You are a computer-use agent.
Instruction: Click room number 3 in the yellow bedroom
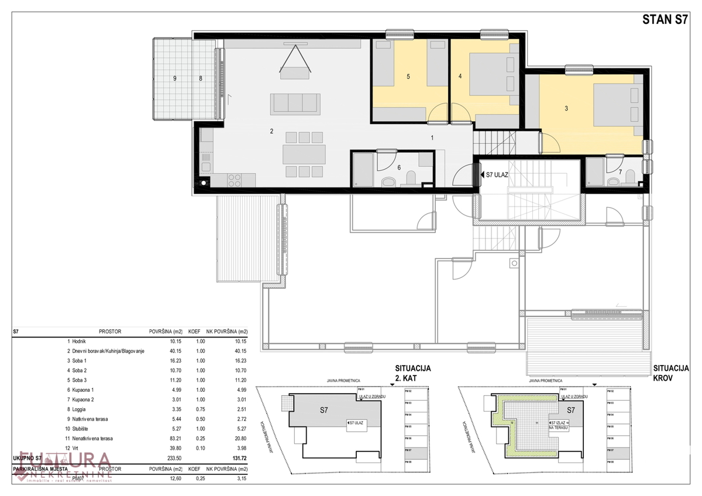click(x=566, y=108)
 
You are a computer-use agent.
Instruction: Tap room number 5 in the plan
click(x=408, y=76)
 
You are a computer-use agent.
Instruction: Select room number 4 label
click(x=460, y=76)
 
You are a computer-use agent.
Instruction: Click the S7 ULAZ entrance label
click(x=496, y=174)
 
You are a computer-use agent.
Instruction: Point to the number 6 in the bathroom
click(x=399, y=167)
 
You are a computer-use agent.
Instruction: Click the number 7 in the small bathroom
click(x=621, y=172)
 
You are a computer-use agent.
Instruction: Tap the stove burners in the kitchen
click(x=235, y=178)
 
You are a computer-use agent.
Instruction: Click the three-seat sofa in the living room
click(x=295, y=104)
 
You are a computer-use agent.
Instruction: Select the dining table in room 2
click(x=304, y=154)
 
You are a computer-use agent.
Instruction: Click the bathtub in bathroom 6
click(x=363, y=170)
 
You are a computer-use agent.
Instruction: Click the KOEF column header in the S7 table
click(x=195, y=331)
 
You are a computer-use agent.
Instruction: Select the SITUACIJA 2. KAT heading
click(x=412, y=373)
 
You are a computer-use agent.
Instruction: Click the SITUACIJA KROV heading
click(x=672, y=373)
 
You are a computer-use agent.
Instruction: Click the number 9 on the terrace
click(x=174, y=78)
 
